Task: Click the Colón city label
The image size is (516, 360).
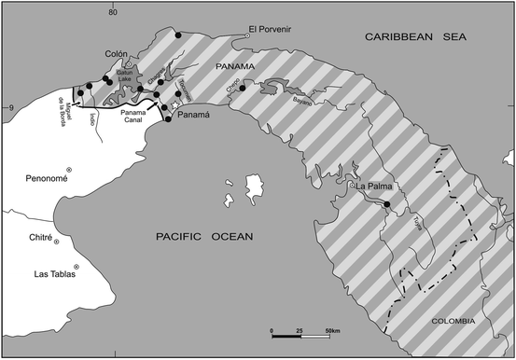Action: pos(117,53)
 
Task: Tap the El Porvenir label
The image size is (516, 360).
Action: pos(272,30)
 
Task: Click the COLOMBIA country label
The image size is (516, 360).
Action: pos(452,321)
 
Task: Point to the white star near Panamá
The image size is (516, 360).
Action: pos(174,105)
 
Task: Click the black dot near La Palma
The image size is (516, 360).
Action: pos(386,204)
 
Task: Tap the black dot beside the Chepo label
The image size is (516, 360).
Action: pos(242,88)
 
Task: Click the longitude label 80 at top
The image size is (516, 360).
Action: pos(111,10)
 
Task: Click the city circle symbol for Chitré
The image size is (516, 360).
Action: pos(56,242)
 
